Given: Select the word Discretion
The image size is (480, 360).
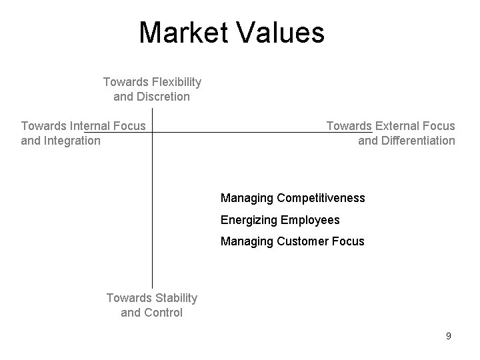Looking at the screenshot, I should point(163,97).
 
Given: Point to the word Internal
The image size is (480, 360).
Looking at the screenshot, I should point(87,125).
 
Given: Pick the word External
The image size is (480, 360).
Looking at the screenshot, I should point(398,125).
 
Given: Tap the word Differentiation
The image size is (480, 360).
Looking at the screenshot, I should point(415,140).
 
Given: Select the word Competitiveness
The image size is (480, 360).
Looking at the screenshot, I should point(321,198).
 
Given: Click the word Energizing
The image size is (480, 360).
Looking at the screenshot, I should point(249,219).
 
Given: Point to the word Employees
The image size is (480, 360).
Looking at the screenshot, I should point(311,219).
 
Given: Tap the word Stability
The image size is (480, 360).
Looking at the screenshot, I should point(175,298).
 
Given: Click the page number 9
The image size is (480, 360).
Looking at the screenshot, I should point(449,336).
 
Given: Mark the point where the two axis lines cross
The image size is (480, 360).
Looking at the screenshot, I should point(153,132).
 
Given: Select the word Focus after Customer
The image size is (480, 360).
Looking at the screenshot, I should point(349,241).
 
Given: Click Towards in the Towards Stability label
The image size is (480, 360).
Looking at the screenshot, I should point(128,298).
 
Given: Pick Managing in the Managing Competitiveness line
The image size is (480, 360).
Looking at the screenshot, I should point(247,198).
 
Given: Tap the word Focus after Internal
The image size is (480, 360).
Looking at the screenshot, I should point(130,125).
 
